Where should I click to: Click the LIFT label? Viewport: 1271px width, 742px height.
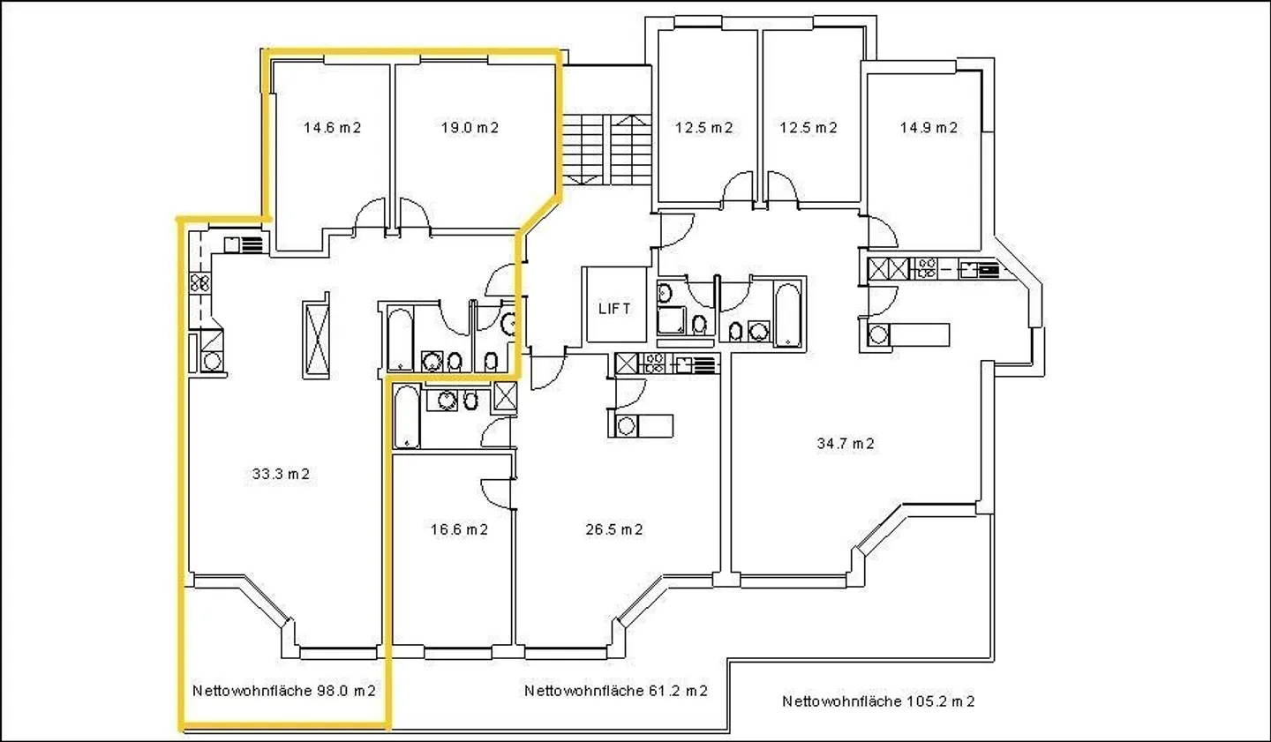(614, 308)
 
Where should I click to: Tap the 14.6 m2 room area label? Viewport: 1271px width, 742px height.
(332, 128)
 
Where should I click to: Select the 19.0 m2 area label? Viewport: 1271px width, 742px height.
(470, 128)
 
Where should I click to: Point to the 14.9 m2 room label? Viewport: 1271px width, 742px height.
(929, 128)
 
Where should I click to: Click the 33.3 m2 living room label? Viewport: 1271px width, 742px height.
(281, 474)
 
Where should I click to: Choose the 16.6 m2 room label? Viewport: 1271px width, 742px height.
(459, 529)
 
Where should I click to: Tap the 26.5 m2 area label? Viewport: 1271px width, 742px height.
(614, 529)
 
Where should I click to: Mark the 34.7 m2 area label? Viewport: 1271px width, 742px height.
(846, 443)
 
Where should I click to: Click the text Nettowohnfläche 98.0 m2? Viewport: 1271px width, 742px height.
(283, 690)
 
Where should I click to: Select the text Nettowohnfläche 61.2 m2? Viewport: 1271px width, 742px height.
(616, 690)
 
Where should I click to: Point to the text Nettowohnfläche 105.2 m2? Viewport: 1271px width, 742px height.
(878, 701)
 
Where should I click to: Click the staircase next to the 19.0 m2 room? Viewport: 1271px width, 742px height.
(606, 150)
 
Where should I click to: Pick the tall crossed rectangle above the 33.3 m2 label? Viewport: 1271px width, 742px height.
(317, 340)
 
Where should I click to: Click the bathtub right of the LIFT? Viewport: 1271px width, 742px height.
(787, 314)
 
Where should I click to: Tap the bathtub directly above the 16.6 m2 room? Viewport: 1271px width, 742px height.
(407, 416)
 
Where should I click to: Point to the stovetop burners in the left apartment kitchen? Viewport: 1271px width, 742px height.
(199, 282)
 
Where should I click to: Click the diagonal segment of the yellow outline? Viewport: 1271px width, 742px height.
(538, 214)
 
